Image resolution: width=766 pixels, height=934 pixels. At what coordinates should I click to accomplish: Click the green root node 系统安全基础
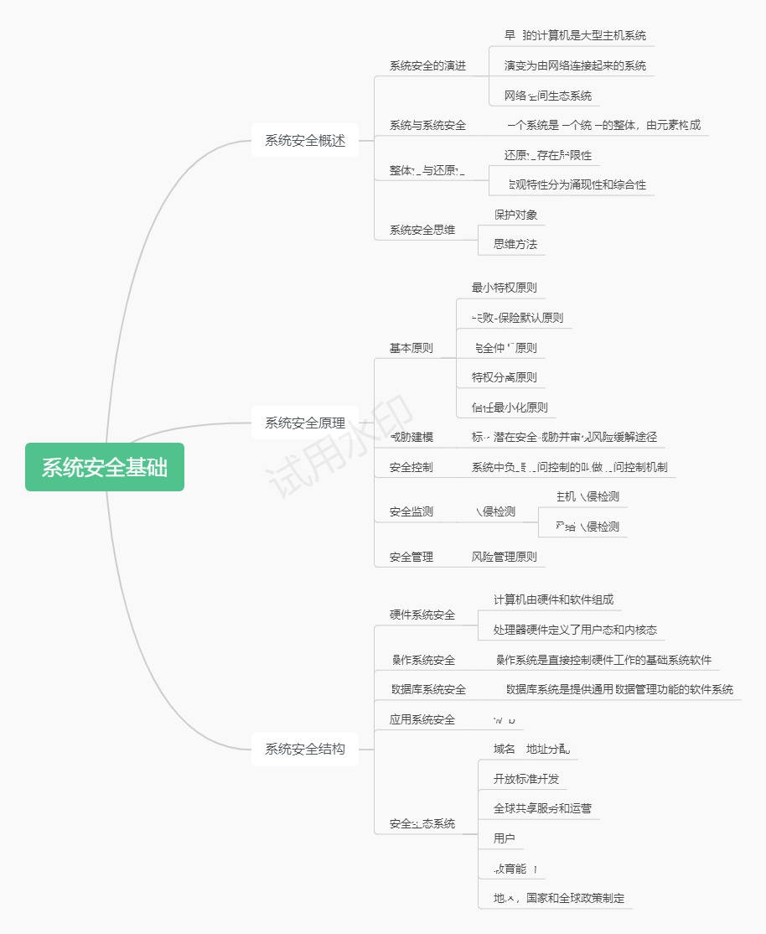[105, 467]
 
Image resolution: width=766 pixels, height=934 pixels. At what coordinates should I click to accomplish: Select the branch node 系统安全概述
[305, 140]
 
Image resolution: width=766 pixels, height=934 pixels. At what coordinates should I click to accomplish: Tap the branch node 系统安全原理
[305, 423]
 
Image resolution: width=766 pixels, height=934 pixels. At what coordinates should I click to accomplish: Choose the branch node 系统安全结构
[305, 749]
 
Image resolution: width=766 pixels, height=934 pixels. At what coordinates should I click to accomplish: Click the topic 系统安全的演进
[427, 65]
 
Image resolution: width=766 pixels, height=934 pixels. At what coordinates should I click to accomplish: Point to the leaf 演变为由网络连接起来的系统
[575, 65]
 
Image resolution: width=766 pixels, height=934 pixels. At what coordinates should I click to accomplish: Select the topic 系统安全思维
[422, 230]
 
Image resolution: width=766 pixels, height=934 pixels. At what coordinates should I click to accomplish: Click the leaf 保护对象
[515, 215]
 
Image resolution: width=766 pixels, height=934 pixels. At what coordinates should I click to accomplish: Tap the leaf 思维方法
[515, 245]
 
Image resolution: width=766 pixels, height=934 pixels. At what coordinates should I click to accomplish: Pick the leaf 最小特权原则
[505, 288]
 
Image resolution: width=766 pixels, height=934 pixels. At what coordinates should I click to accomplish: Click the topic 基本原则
[411, 348]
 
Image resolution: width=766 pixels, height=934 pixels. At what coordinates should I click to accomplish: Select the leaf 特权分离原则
[505, 377]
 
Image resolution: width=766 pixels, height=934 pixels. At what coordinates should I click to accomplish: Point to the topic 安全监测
[411, 511]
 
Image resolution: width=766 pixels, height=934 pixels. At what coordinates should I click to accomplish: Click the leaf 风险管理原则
[505, 557]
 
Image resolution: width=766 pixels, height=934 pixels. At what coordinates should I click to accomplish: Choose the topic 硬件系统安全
[422, 615]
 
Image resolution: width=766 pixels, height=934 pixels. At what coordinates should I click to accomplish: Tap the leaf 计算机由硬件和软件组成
[553, 599]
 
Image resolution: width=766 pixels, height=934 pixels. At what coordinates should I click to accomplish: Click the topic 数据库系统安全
[428, 689]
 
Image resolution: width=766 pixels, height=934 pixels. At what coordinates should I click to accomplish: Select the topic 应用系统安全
[422, 719]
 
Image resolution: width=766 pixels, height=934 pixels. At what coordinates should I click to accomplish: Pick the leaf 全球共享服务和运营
[542, 808]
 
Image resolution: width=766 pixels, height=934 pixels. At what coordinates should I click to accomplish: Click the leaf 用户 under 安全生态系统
[505, 838]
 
